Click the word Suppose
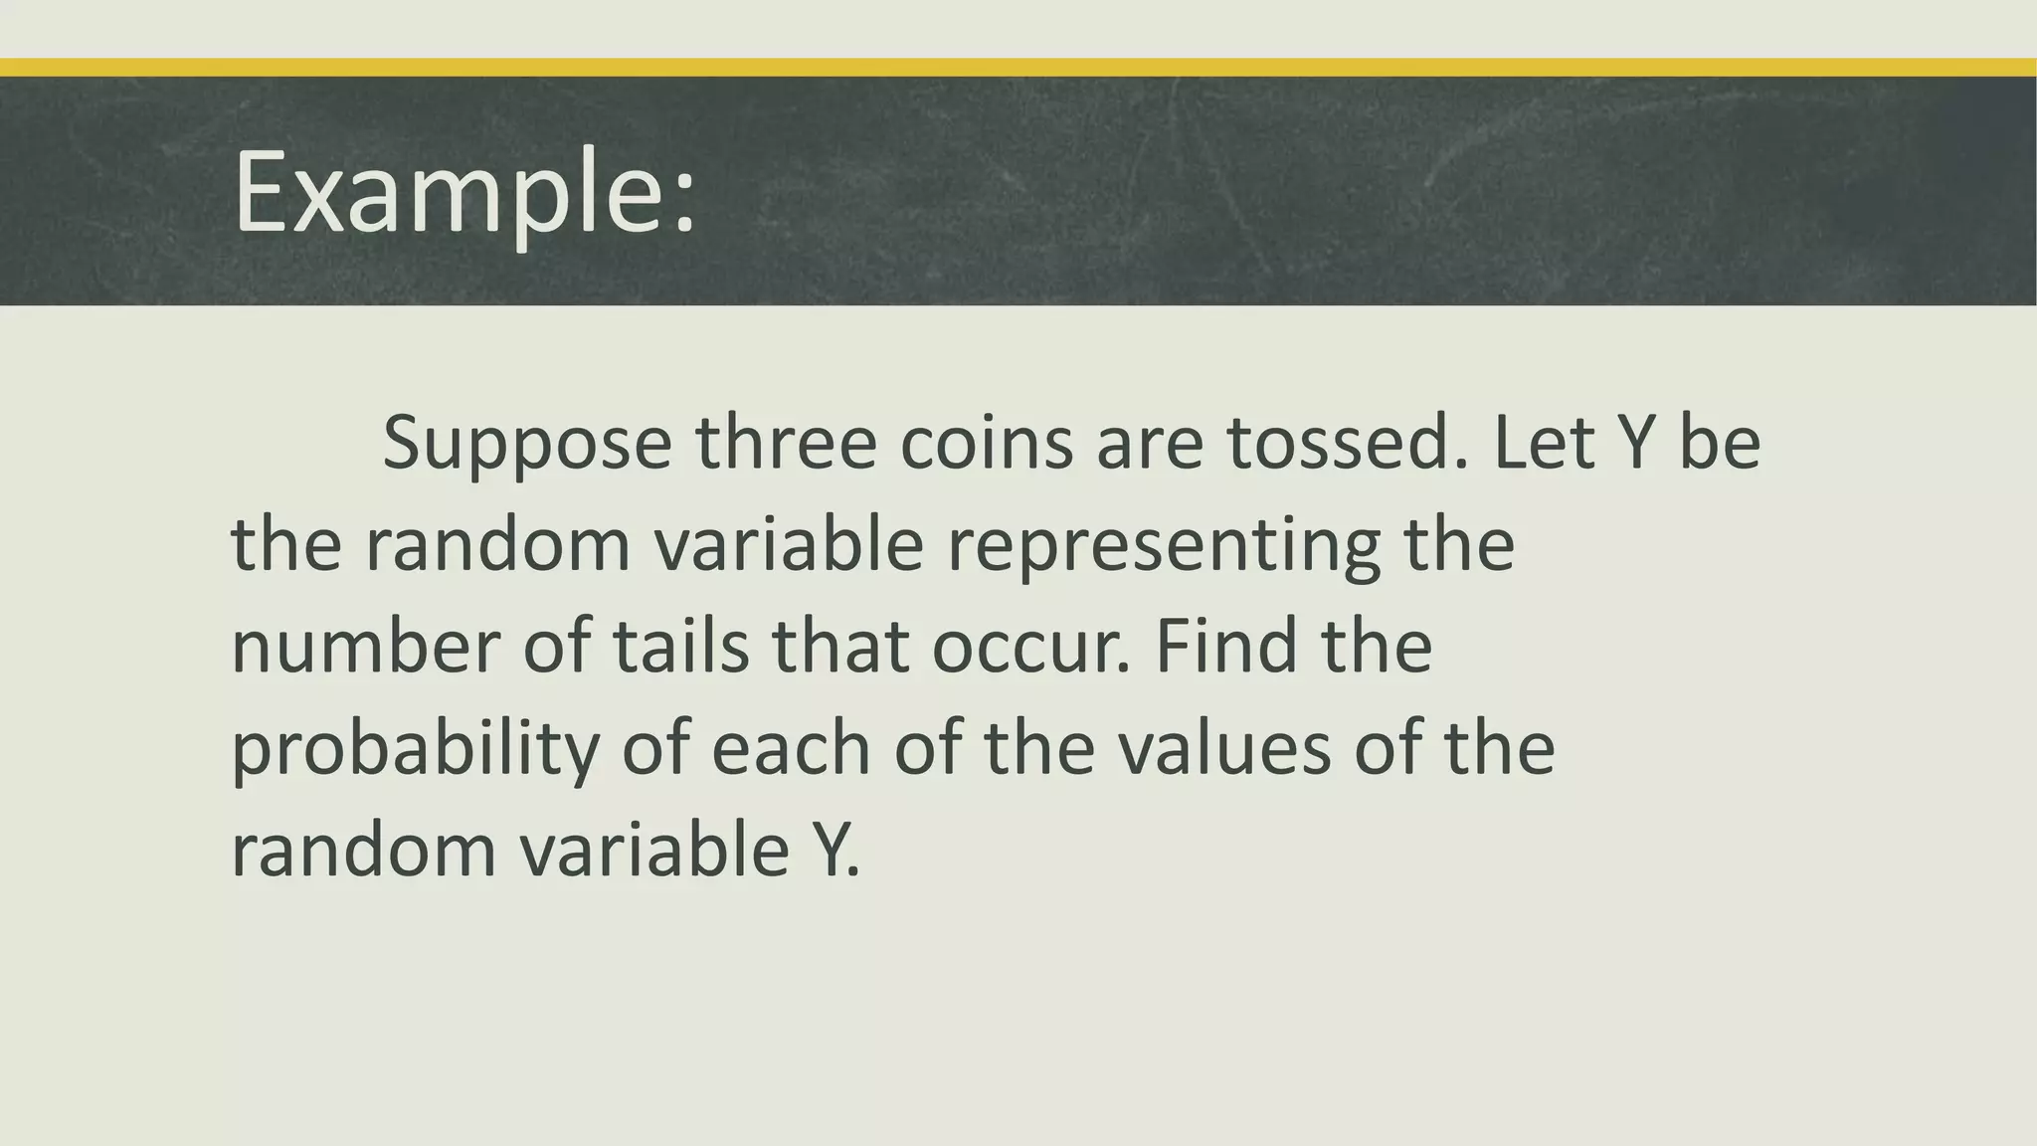pyautogui.click(x=527, y=444)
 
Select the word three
pyautogui.click(x=786, y=442)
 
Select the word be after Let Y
pyautogui.click(x=1720, y=442)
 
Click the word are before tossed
pyautogui.click(x=1150, y=444)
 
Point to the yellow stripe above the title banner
pyautogui.click(x=1018, y=67)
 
